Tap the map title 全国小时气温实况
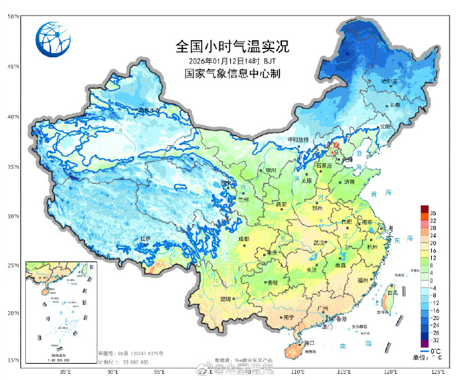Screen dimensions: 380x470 232,47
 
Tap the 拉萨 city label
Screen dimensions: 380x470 145,238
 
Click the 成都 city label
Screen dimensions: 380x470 244,239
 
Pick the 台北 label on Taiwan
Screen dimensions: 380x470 392,293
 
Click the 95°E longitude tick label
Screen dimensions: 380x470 158,373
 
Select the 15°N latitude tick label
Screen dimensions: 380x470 13,360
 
